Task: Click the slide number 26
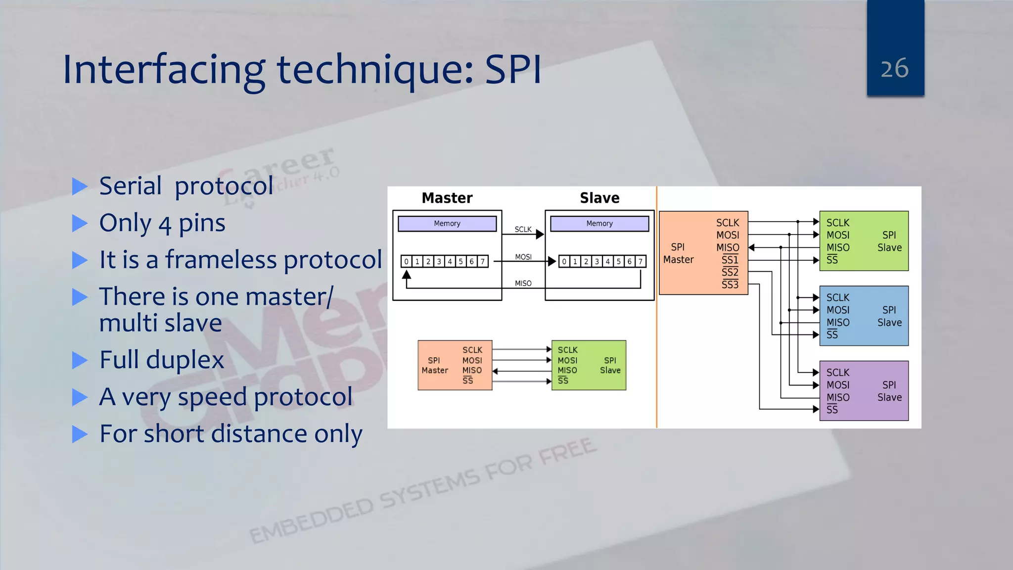[x=894, y=68]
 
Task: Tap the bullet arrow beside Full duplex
[x=79, y=360]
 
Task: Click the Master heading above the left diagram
[x=447, y=198]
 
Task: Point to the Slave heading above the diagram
[x=599, y=198]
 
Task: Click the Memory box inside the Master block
[x=447, y=224]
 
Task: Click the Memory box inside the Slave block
[x=599, y=224]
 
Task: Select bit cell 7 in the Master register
[x=482, y=261]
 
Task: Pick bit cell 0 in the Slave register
[x=564, y=261]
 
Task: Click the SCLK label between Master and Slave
[x=523, y=229]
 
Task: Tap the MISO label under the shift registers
[x=523, y=284]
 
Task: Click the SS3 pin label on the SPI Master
[x=730, y=285]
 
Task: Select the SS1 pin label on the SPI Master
[x=730, y=260]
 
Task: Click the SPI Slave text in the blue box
[x=889, y=316]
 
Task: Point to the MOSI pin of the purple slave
[x=838, y=385]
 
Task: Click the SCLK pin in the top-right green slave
[x=837, y=223]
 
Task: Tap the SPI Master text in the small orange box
[x=434, y=365]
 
